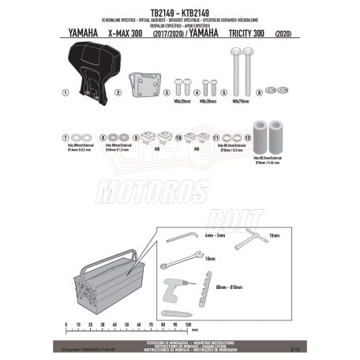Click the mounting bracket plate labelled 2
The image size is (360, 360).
(x=146, y=84)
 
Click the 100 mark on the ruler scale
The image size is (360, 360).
(x=188, y=325)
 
